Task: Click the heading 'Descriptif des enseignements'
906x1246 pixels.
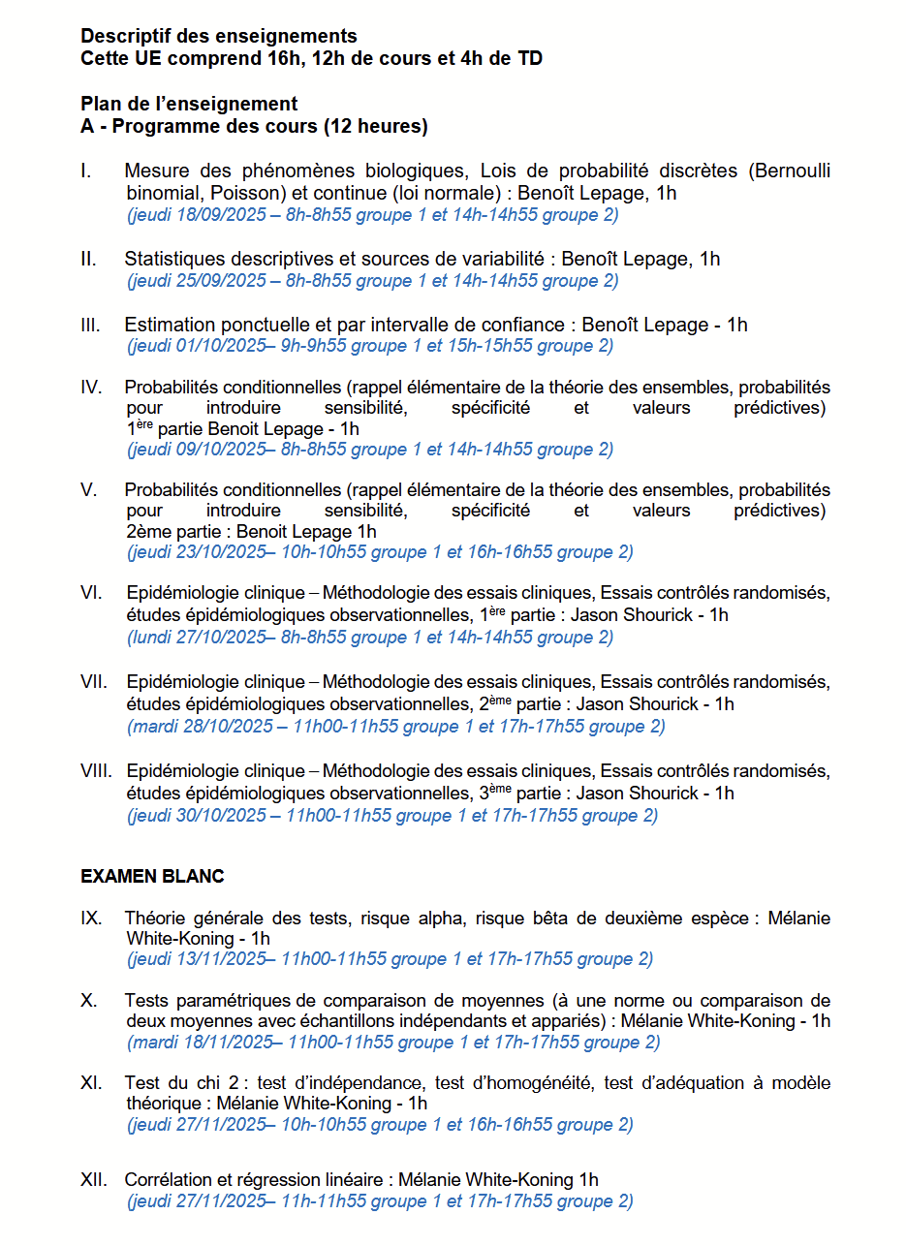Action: tap(219, 37)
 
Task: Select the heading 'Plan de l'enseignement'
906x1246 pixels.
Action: tap(189, 104)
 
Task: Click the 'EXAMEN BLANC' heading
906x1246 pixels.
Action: tap(152, 877)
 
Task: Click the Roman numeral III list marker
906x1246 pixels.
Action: tap(90, 326)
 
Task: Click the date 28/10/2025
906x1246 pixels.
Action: tap(224, 727)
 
